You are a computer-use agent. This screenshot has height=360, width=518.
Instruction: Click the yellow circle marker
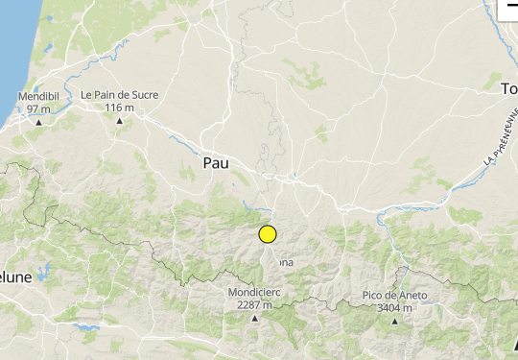click(x=268, y=233)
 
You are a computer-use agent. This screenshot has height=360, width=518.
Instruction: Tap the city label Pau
click(x=216, y=164)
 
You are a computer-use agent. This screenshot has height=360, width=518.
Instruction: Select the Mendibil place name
click(x=38, y=97)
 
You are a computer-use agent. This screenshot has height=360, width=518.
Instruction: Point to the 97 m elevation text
click(x=38, y=109)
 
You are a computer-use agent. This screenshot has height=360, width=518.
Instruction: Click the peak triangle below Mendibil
click(x=38, y=122)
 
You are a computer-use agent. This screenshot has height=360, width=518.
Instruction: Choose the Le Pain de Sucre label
click(x=120, y=95)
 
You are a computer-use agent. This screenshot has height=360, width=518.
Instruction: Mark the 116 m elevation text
click(x=120, y=108)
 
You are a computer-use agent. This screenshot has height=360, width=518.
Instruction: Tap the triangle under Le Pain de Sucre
click(x=120, y=120)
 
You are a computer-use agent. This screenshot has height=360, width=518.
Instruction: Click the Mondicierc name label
click(x=255, y=293)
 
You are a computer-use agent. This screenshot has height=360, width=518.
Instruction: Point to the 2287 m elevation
click(x=255, y=305)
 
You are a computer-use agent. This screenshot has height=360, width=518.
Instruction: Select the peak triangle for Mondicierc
click(x=255, y=318)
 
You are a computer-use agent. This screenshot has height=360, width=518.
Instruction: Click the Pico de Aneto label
click(x=394, y=295)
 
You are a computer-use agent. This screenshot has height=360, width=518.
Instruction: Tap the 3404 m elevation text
click(x=394, y=307)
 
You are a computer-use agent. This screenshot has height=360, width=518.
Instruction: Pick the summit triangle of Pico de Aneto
click(x=394, y=321)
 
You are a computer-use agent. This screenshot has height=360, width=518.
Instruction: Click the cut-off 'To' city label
click(x=508, y=89)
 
